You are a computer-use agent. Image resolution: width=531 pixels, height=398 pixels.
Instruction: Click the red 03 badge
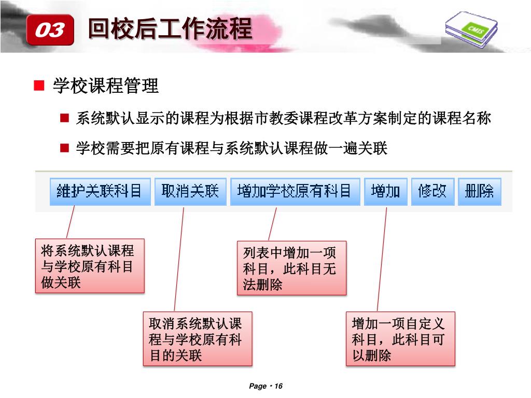point(50,30)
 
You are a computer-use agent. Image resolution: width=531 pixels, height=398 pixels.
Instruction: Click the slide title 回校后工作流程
point(170,29)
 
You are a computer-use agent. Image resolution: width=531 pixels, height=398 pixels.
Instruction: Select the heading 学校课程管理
point(106,86)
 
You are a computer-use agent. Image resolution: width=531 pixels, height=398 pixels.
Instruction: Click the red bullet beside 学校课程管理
point(39,86)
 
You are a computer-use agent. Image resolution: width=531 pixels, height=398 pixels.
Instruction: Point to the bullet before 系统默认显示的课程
point(64,119)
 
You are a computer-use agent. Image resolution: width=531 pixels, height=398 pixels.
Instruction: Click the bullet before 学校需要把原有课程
point(64,149)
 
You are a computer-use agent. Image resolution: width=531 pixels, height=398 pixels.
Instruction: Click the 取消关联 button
point(190,192)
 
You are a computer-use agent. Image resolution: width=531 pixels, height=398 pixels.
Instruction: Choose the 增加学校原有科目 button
point(295,192)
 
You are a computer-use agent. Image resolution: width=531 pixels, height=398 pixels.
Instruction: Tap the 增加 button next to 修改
point(385,192)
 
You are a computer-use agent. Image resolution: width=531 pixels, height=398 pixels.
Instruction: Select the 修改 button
point(432,192)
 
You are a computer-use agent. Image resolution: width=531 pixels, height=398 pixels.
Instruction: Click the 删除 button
point(479,192)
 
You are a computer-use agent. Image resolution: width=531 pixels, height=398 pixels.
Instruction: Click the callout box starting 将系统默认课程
point(90,266)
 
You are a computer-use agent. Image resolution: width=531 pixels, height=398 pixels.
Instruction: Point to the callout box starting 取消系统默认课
point(198,338)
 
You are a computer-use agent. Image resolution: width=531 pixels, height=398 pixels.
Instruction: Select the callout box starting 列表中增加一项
point(291,268)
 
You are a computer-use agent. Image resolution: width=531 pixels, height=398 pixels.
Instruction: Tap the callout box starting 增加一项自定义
point(400,338)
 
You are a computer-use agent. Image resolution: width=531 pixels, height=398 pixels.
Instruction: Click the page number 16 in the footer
point(278,386)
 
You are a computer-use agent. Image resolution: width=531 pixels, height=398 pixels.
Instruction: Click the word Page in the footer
point(257,386)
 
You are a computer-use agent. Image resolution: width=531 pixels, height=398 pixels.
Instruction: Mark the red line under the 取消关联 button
point(179,259)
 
